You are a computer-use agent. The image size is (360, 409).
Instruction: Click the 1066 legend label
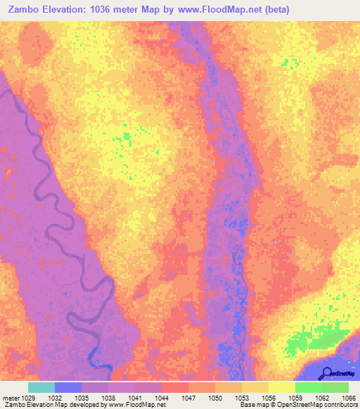[349, 398]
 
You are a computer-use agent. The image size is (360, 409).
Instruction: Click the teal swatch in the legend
[41, 387]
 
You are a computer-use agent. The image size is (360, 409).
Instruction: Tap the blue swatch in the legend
[68, 387]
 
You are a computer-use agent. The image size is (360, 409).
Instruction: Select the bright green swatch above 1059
[308, 387]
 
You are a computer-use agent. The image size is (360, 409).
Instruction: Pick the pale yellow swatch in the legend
[281, 387]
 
